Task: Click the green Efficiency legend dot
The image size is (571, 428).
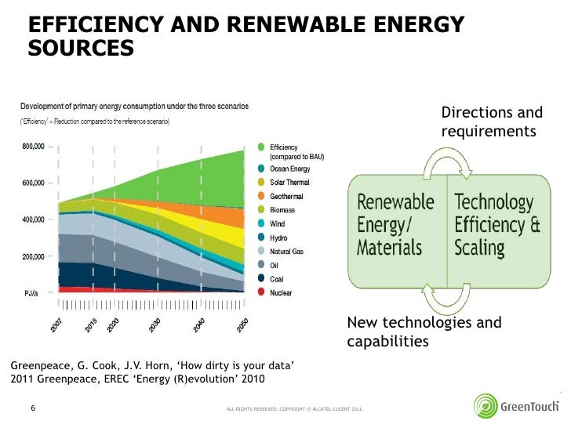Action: click(261, 147)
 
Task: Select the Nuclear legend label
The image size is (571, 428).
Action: click(281, 293)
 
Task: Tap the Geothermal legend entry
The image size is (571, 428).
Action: click(286, 196)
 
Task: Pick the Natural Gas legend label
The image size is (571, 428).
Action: click(286, 252)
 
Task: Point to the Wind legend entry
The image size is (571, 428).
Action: click(278, 223)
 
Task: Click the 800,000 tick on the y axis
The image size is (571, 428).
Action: click(32, 147)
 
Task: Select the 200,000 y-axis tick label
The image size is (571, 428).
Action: click(32, 257)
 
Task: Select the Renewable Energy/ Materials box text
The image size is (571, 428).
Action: click(395, 225)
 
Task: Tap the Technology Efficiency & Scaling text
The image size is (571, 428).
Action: click(496, 225)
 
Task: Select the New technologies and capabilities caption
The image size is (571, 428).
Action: click(424, 332)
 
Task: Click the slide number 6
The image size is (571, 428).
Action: click(33, 408)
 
